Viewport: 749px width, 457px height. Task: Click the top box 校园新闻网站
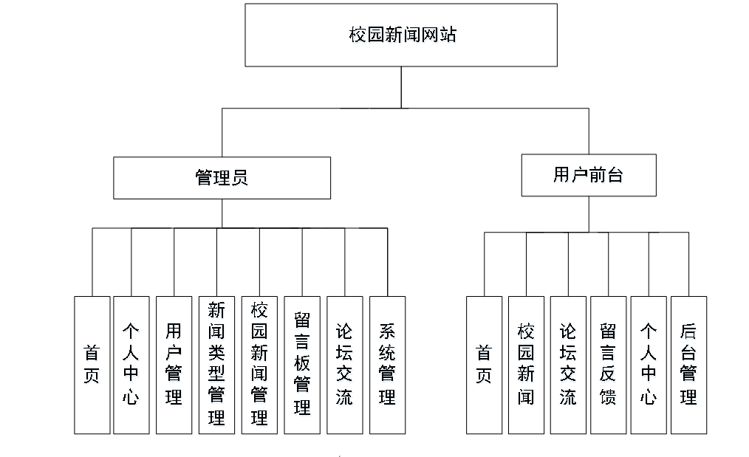(x=401, y=35)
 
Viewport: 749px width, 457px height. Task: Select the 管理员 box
(x=222, y=177)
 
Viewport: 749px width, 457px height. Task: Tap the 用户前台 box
(x=588, y=175)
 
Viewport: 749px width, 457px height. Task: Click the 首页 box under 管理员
(x=92, y=365)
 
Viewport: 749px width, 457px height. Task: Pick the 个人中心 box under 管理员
(x=131, y=365)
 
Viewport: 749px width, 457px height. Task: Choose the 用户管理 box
(x=174, y=365)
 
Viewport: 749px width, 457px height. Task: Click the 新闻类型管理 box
(x=216, y=365)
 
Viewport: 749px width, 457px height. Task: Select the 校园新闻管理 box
(x=259, y=365)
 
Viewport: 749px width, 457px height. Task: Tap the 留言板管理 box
(x=302, y=365)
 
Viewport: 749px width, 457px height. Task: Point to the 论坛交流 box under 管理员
(x=344, y=365)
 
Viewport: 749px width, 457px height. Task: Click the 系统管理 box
(x=387, y=365)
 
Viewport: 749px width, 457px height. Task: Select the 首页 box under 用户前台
(x=484, y=365)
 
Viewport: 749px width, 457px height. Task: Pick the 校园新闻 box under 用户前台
(x=526, y=365)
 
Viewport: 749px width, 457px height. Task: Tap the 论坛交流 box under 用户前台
(x=568, y=365)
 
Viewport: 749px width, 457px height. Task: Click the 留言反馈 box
(x=608, y=365)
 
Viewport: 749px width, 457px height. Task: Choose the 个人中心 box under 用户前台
(x=649, y=365)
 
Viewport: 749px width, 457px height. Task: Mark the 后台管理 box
(x=688, y=365)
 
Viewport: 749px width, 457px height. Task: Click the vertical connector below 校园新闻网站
(x=401, y=87)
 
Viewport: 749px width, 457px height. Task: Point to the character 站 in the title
(x=448, y=35)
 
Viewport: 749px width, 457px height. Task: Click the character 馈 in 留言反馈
(x=608, y=396)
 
